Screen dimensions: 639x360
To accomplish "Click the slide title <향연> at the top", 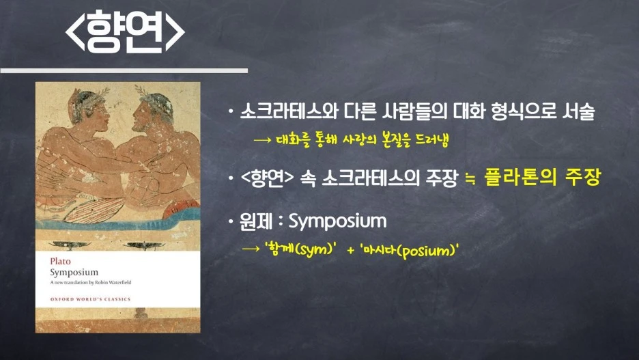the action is tap(125, 32).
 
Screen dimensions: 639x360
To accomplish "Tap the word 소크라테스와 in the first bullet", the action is tap(289, 111).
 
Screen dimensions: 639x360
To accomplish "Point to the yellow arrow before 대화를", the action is tap(262, 140).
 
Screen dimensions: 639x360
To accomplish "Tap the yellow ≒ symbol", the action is tap(470, 178).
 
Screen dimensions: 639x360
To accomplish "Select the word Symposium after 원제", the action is tap(337, 221).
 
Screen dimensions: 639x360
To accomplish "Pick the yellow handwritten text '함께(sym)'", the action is tap(301, 248).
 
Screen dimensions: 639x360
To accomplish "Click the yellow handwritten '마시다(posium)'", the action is tap(409, 250).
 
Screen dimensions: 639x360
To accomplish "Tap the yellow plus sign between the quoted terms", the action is tap(350, 250).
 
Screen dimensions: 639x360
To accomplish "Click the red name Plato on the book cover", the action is tap(60, 262).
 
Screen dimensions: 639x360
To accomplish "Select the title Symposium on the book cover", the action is tap(74, 273).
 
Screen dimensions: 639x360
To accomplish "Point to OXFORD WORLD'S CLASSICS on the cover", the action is tap(91, 299).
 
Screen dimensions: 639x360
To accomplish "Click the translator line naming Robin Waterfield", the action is tap(91, 282).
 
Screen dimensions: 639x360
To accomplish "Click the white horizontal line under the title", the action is tap(124, 70).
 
